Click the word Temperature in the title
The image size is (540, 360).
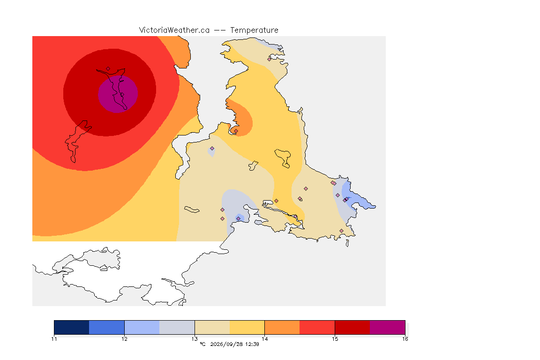pos(254,30)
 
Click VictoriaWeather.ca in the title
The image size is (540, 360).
pos(174,30)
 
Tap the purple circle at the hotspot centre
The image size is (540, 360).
pos(118,94)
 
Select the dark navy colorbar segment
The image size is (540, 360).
pos(72,327)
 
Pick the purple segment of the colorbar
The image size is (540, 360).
pos(388,327)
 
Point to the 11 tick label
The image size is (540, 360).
pos(54,339)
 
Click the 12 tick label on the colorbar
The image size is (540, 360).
pos(124,339)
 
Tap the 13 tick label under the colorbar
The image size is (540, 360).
pos(195,339)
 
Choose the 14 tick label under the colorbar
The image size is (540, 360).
pos(264,339)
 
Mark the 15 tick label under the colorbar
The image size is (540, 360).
pos(335,339)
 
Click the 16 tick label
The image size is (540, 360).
pos(405,339)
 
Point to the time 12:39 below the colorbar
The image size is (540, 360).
pos(252,344)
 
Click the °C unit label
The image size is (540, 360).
pos(202,344)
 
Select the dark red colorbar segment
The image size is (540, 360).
pos(352,327)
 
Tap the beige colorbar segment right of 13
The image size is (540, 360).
pos(212,327)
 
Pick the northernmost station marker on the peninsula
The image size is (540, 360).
pos(270,59)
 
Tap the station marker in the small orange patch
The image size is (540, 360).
pos(236,131)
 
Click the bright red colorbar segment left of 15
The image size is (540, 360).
pos(317,327)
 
